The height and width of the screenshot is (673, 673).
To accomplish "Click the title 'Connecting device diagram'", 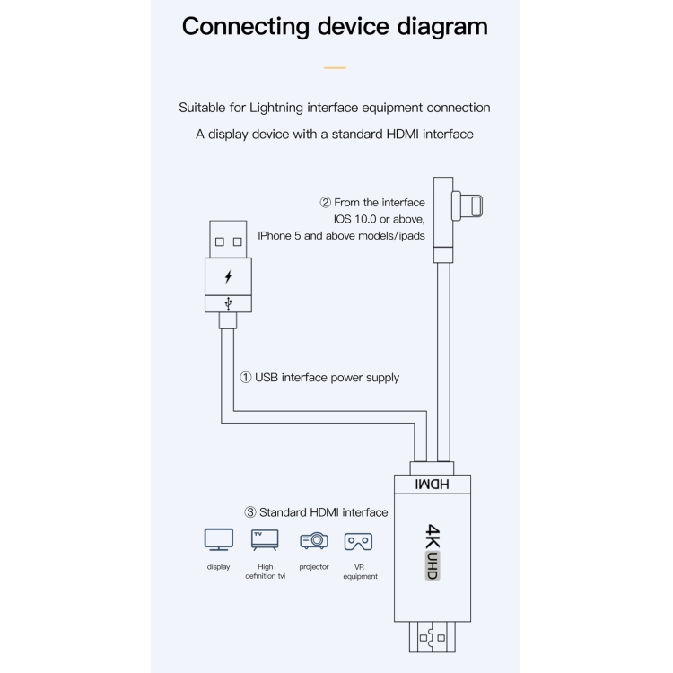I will coord(335,26).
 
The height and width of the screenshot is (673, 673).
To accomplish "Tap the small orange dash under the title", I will coord(335,68).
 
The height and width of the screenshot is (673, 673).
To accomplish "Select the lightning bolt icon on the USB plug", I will coord(228,276).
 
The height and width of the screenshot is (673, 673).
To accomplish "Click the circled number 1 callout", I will coord(245,378).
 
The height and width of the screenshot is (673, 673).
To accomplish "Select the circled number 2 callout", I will coord(326,203).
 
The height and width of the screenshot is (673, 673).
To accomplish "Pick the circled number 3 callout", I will coord(250,512).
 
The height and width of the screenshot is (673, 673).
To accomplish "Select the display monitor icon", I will coord(218,539).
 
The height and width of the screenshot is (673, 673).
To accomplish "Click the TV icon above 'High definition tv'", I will coord(265,539).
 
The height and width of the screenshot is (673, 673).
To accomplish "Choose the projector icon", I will coord(313,540).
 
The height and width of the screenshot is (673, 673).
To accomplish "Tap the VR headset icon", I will coord(359,541).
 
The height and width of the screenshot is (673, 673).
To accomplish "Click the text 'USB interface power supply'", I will coord(327,378).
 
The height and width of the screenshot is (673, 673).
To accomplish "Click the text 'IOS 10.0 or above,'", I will coord(373,219).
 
